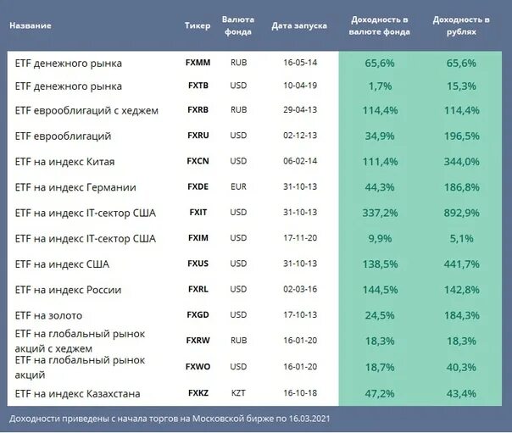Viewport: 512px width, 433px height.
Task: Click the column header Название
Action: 31,25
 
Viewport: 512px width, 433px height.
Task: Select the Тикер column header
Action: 198,25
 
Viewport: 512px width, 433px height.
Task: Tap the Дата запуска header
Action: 299,25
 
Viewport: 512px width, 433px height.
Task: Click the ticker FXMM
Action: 198,63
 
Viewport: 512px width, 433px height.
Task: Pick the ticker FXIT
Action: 198,213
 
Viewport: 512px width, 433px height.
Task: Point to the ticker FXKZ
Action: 198,393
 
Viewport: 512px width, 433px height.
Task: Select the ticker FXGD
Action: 198,315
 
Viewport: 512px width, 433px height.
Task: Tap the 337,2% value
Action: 381,213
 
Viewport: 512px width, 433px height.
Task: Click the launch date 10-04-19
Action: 299,86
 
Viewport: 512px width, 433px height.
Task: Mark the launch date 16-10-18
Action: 299,393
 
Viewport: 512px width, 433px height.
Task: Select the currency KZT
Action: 238,393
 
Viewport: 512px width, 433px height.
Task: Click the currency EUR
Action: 238,187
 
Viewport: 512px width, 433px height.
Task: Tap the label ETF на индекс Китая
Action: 65,161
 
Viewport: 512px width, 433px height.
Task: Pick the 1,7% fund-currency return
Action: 381,86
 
